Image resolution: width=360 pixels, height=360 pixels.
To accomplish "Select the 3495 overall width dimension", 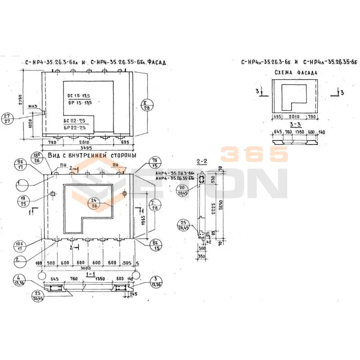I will tap(86, 147).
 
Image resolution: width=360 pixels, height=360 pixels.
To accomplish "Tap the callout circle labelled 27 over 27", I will tap(18, 118).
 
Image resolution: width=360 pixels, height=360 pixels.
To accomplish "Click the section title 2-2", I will tap(202, 161).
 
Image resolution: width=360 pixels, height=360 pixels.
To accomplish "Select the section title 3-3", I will tap(296, 125).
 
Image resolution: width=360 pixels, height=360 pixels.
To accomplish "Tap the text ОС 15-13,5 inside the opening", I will tap(79, 96).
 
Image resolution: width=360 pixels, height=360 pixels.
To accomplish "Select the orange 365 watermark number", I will tap(254, 154).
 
